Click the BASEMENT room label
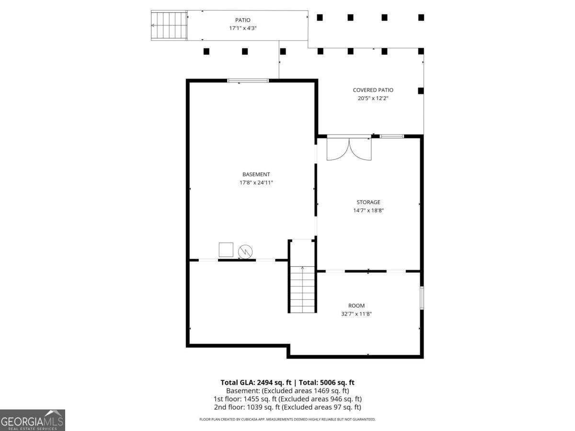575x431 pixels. pos(256,174)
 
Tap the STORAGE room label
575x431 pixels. pos(368,202)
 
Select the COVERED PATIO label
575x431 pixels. pos(373,90)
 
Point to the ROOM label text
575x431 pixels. pos(356,306)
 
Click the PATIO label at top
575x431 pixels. pos(242,20)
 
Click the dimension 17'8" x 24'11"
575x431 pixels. pos(256,182)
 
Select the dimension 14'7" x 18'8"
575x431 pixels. pos(368,210)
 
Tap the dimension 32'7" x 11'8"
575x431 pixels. pos(356,314)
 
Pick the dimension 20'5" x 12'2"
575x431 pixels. pos(373,98)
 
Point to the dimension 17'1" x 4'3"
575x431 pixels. pos(242,28)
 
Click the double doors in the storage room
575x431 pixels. pos(349,149)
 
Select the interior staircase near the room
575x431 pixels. pos(302,289)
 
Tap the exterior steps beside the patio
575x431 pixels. pos(169,25)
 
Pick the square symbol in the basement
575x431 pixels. pos(226,250)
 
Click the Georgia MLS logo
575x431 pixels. pos(33,420)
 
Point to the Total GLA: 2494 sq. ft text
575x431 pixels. pos(256,382)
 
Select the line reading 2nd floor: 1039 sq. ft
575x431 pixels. pos(287,407)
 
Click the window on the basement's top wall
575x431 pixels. pos(248,80)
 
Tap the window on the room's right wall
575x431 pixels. pos(422,298)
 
